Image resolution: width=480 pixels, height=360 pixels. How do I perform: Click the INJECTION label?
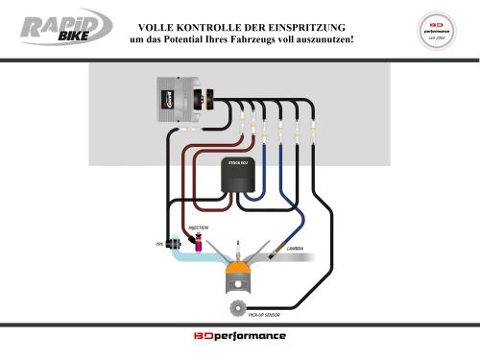(x=197, y=228)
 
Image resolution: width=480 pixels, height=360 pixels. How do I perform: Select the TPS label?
(x=159, y=246)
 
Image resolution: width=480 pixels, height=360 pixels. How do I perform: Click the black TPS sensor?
(x=175, y=244)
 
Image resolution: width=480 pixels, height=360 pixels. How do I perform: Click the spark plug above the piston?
(x=238, y=251)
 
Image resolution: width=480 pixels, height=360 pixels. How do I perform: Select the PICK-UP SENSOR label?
(x=263, y=314)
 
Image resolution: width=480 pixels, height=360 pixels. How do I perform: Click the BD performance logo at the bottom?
(x=240, y=337)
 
